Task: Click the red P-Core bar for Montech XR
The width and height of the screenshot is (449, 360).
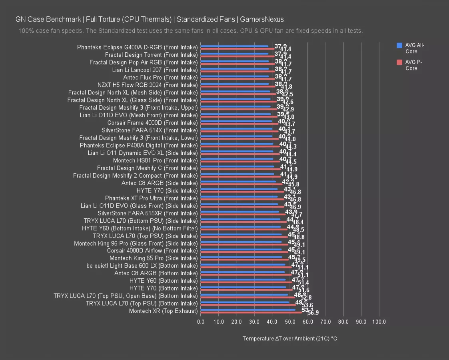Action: click(251, 312)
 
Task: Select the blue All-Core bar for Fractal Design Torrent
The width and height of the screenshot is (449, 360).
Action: click(234, 54)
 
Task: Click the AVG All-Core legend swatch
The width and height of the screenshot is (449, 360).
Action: click(399, 45)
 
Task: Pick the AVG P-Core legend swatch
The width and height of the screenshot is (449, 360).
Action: click(399, 62)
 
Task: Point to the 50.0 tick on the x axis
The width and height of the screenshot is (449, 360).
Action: click(290, 322)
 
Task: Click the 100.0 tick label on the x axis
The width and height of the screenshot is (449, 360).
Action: click(379, 322)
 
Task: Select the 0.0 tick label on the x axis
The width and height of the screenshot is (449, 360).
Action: click(201, 322)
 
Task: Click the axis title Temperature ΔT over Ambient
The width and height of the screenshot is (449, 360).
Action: click(289, 338)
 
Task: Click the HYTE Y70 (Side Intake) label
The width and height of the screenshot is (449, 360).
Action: click(167, 191)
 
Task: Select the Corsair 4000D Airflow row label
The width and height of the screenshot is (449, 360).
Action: click(152, 251)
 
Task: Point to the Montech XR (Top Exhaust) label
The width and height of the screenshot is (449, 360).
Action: click(163, 311)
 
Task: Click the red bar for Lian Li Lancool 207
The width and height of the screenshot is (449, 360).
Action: click(237, 71)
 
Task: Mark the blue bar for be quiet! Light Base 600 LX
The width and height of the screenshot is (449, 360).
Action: click(243, 264)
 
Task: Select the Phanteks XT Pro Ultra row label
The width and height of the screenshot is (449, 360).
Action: click(152, 198)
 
